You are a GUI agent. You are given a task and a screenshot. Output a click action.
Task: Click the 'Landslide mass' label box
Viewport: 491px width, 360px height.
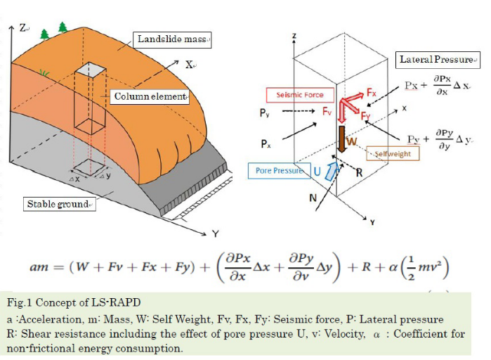point(172,39)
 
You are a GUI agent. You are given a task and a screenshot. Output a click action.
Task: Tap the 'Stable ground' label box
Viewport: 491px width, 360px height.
point(60,204)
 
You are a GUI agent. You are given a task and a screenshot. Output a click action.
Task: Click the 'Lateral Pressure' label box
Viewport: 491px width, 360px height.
point(439,60)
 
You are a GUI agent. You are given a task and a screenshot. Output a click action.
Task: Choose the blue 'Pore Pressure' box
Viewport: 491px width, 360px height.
point(279,170)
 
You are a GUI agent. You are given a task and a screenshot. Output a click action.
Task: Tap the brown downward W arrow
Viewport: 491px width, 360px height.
point(341,139)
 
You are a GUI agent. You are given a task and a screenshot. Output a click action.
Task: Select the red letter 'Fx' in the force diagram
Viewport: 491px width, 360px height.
point(372,91)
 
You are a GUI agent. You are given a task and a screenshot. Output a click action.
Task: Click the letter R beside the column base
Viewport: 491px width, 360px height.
point(358,172)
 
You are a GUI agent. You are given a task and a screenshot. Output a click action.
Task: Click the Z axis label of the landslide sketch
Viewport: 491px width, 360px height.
point(23,27)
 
